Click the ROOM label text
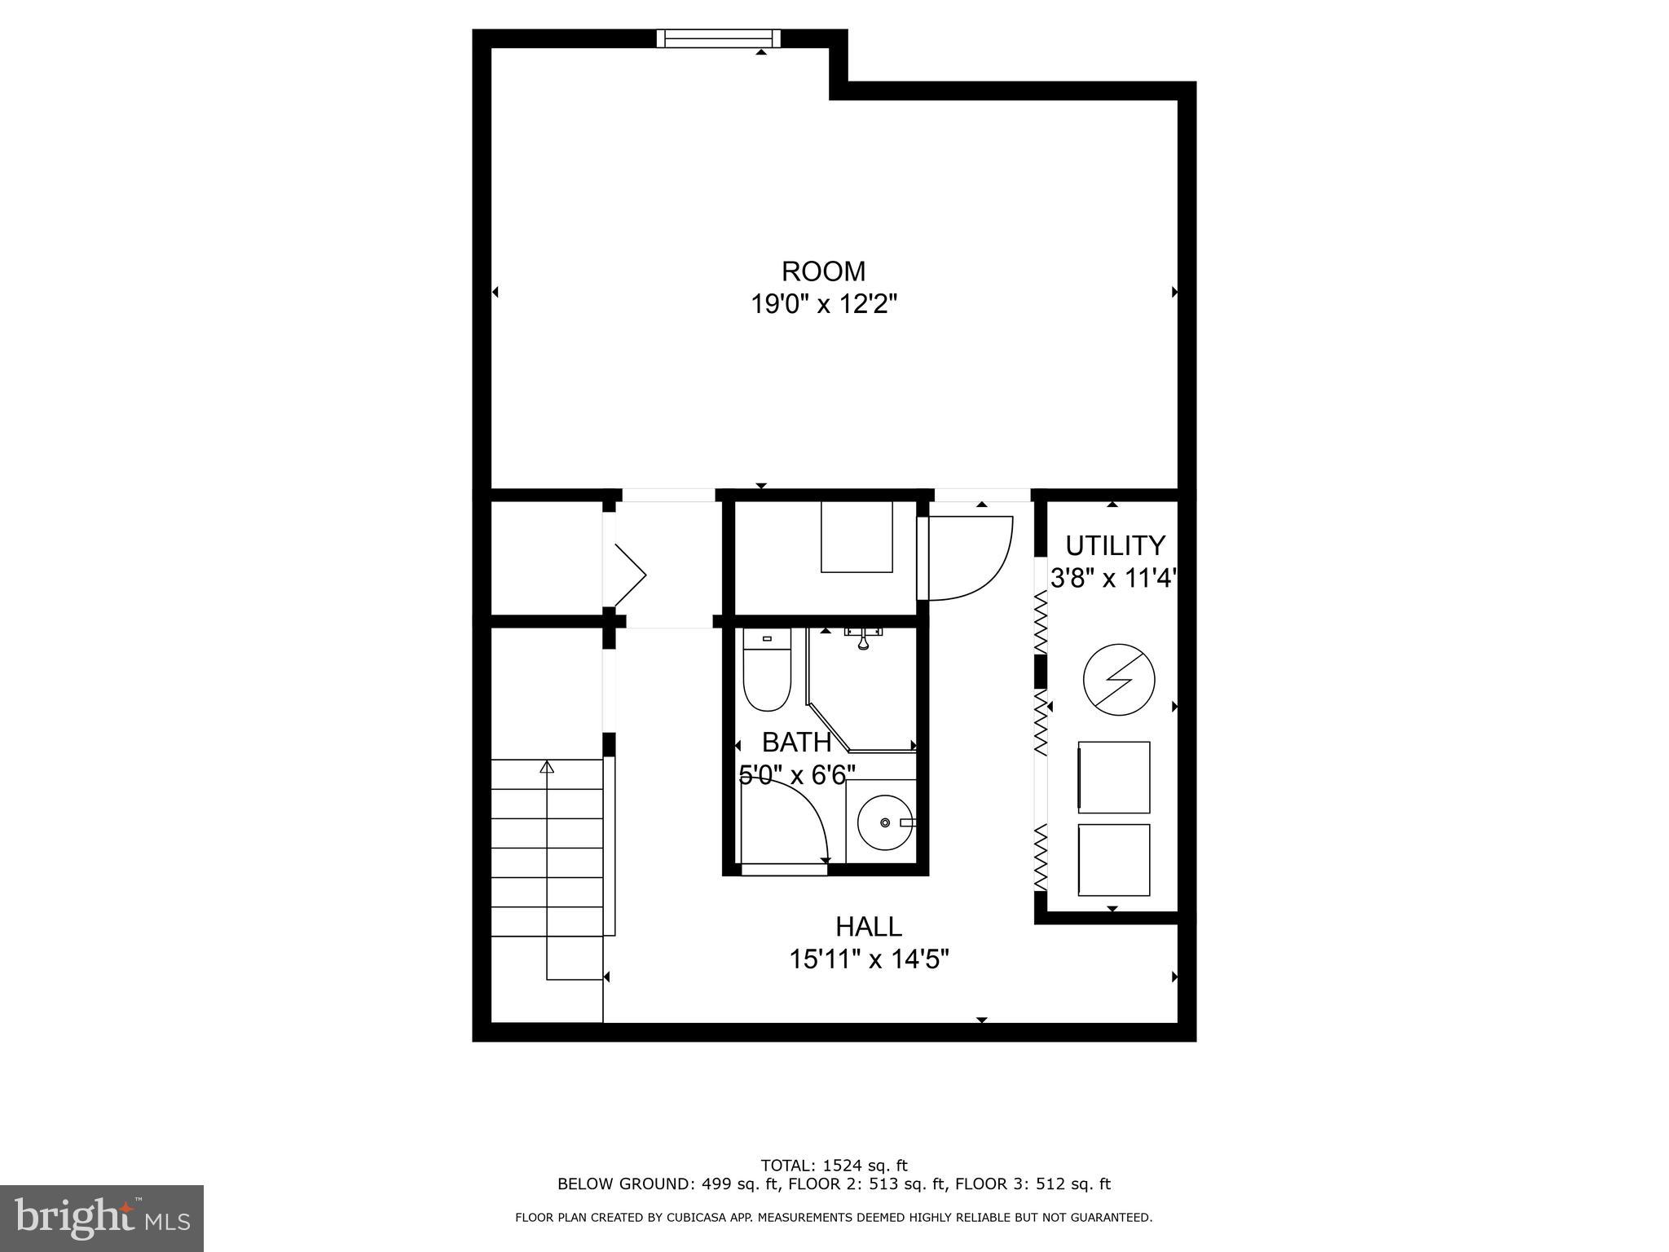tap(823, 271)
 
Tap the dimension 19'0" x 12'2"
tap(823, 305)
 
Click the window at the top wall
tap(718, 38)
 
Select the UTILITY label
tap(1115, 544)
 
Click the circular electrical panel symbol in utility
tap(1119, 680)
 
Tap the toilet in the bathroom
tap(767, 673)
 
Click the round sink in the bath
tap(885, 822)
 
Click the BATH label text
tap(796, 743)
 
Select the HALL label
tap(869, 927)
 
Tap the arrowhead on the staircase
tap(547, 767)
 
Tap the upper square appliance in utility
tap(1114, 777)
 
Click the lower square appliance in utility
tap(1114, 860)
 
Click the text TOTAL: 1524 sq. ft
tap(834, 1165)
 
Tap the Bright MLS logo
tap(102, 1219)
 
